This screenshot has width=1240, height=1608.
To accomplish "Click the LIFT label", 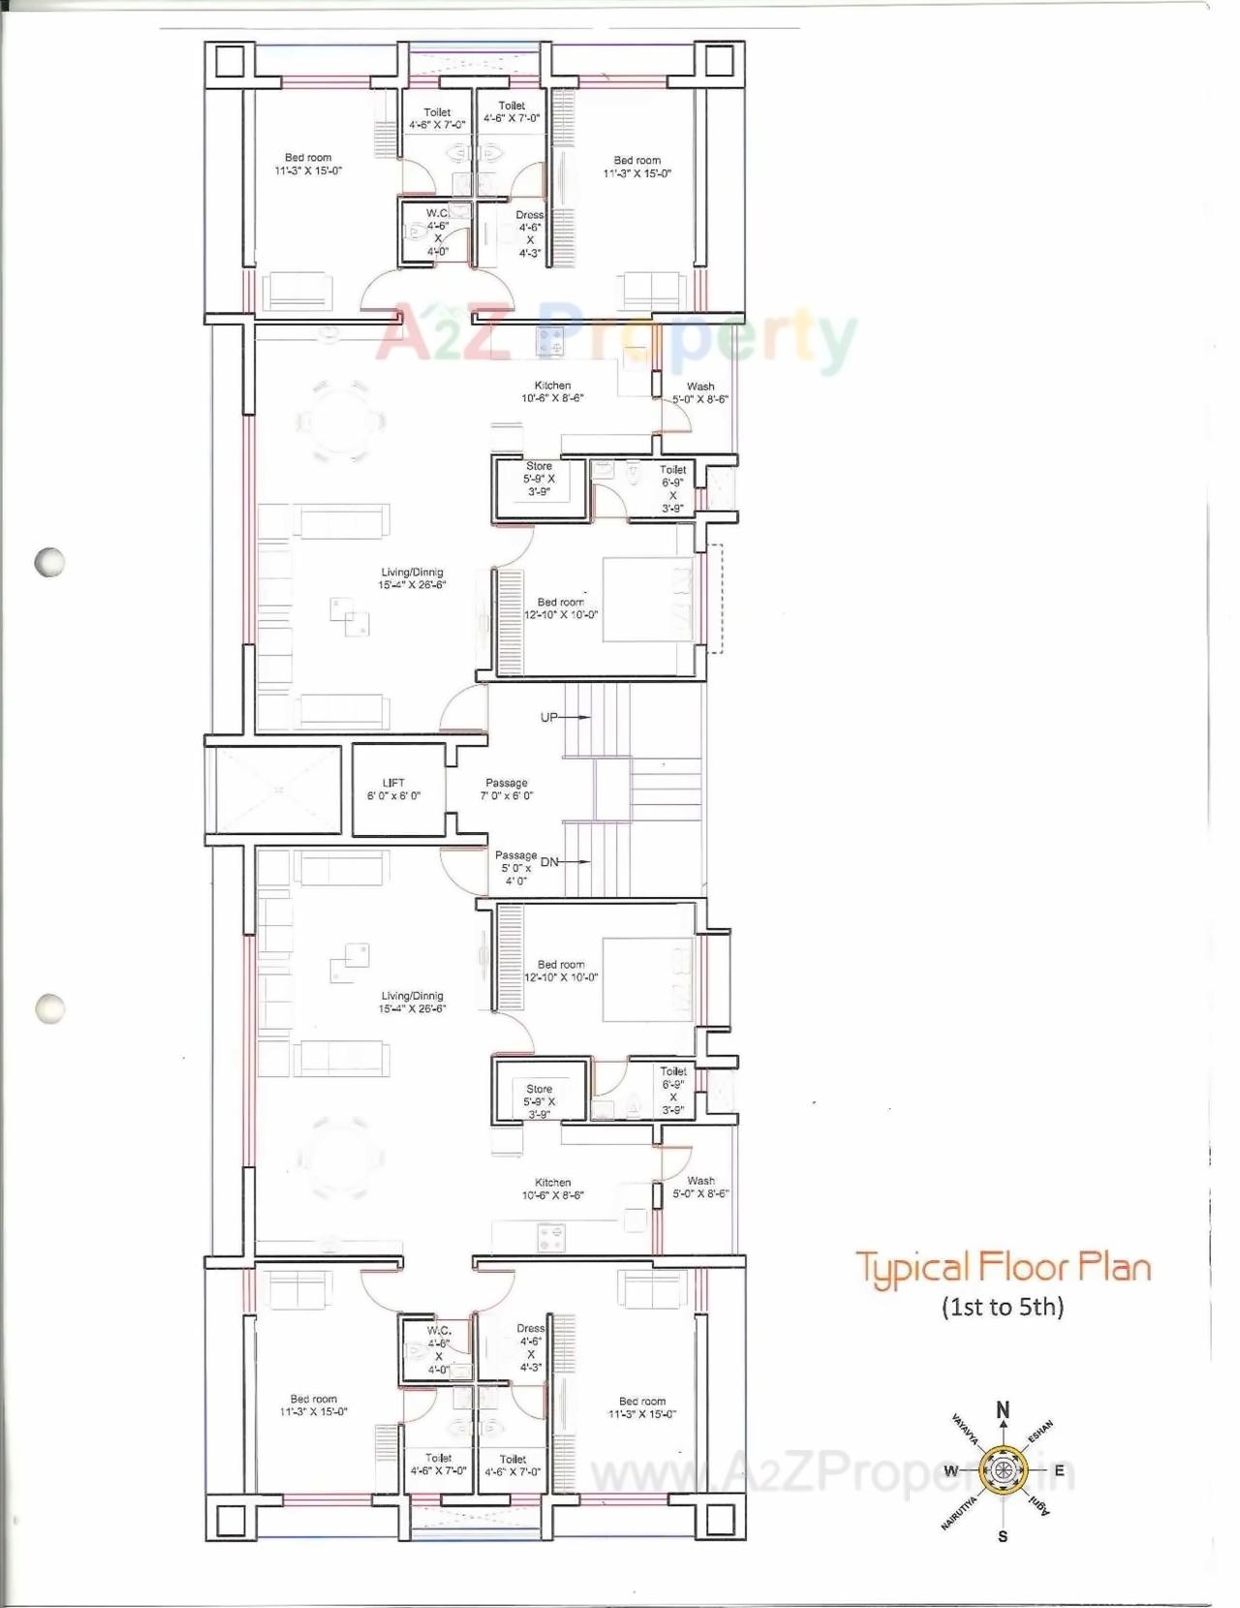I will pyautogui.click(x=393, y=783).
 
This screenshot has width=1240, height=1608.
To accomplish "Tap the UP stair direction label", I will pyautogui.click(x=549, y=718).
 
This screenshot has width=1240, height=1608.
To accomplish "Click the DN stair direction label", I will pyautogui.click(x=549, y=862).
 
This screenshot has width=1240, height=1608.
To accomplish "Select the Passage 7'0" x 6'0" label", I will pyautogui.click(x=507, y=789).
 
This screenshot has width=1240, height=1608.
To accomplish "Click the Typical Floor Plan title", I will pyautogui.click(x=1003, y=1268).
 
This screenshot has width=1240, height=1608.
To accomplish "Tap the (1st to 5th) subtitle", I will pyautogui.click(x=1003, y=1308).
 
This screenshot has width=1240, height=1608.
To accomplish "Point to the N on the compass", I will pyautogui.click(x=1004, y=1410).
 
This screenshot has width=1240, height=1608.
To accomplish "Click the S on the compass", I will pyautogui.click(x=1003, y=1536).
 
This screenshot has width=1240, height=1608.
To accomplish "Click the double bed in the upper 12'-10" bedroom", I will pyautogui.click(x=647, y=599).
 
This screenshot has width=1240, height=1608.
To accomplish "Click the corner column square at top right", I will pyautogui.click(x=719, y=62).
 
